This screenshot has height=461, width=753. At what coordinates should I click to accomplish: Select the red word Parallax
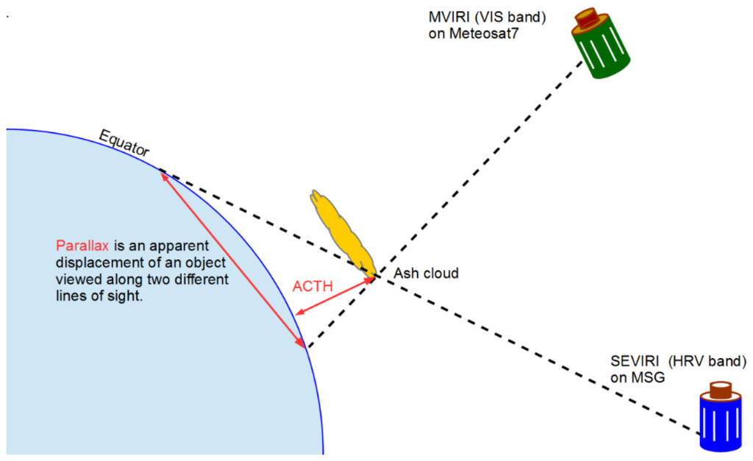82,246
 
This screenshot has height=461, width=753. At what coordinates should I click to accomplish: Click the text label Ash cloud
427,274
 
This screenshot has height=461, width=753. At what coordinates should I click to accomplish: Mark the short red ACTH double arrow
334,297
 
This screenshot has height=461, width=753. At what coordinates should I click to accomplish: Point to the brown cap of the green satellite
588,18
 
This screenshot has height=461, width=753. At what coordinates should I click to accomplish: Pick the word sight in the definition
121,297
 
